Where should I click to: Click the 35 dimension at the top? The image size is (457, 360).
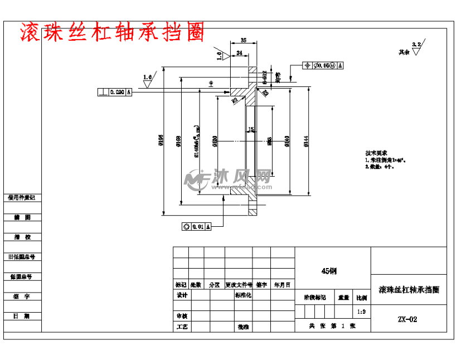pyautogui.click(x=244, y=40)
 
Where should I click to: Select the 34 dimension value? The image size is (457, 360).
pyautogui.click(x=239, y=53)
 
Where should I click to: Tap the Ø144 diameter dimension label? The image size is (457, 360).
pyautogui.click(x=306, y=142)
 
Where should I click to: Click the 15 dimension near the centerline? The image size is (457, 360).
pyautogui.click(x=251, y=129)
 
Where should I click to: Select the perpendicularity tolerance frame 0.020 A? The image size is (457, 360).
pyautogui.click(x=115, y=92)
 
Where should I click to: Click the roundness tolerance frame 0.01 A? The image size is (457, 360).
pyautogui.click(x=196, y=227)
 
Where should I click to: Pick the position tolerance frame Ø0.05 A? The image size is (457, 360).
pyautogui.click(x=323, y=65)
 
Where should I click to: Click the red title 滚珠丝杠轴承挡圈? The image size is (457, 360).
pyautogui.click(x=112, y=33)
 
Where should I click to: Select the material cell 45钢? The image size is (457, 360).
pyautogui.click(x=329, y=271)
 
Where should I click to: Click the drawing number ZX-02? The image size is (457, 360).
pyautogui.click(x=407, y=319)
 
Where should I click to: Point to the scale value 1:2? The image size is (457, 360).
pyautogui.click(x=361, y=312)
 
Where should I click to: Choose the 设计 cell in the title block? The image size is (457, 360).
pyautogui.click(x=182, y=295)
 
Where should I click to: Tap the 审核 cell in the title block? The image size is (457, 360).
pyautogui.click(x=182, y=315)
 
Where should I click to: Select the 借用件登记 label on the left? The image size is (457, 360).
pyautogui.click(x=22, y=197)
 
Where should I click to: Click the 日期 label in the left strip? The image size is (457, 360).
pyautogui.click(x=22, y=316)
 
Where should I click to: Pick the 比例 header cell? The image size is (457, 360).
pyautogui.click(x=361, y=298)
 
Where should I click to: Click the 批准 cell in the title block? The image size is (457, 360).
pyautogui.click(x=242, y=327)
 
